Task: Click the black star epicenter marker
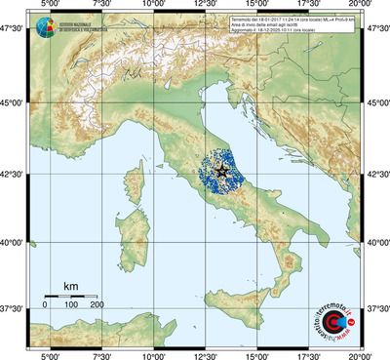coord(223,171)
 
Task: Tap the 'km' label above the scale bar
coord(70,286)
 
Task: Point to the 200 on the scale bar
coord(97,304)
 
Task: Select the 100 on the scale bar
coord(71,304)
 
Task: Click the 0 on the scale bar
coord(46,304)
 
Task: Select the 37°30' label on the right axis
coord(376,309)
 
